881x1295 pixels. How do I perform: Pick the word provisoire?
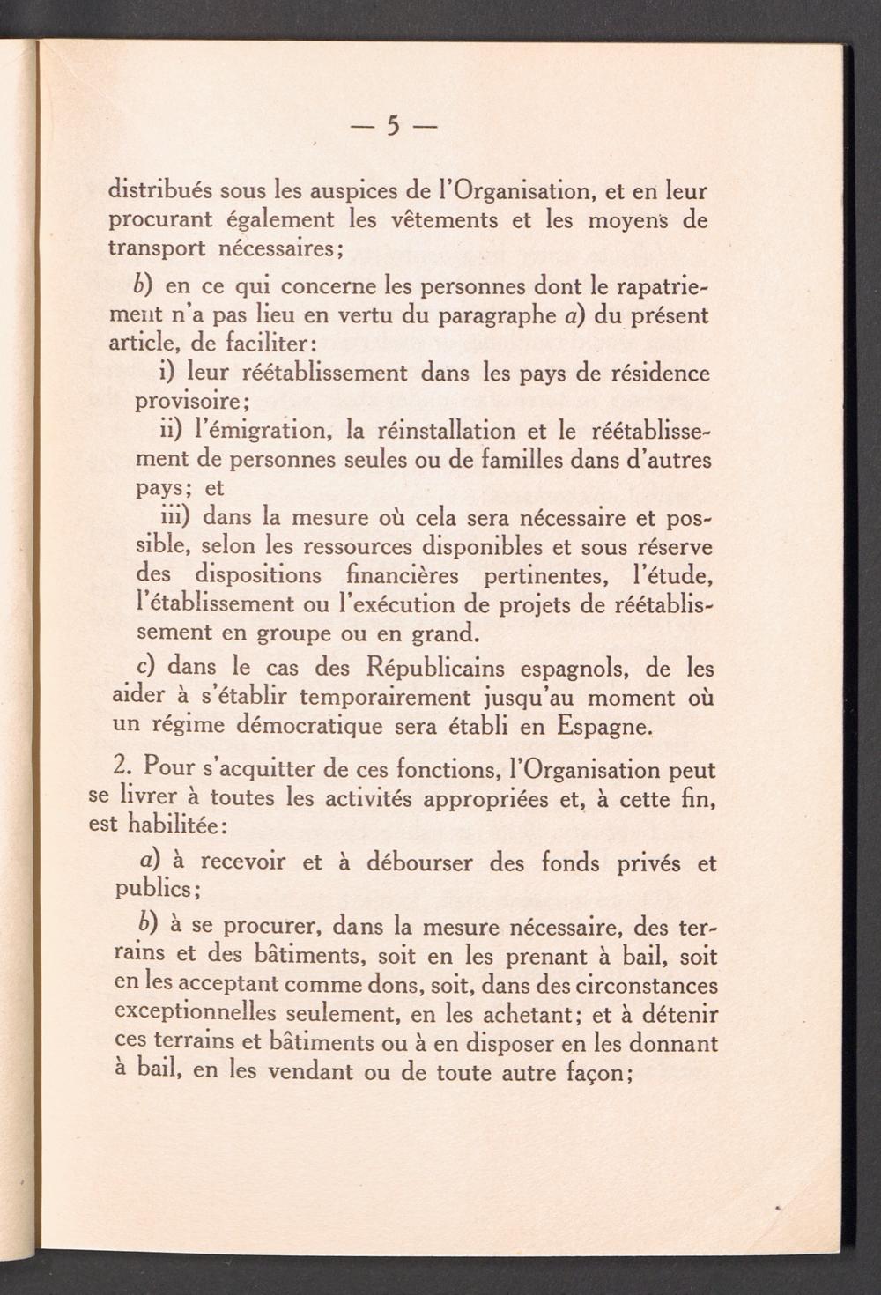(x=190, y=402)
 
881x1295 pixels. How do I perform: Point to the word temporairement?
(x=388, y=698)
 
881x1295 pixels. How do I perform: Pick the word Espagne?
(x=605, y=727)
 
